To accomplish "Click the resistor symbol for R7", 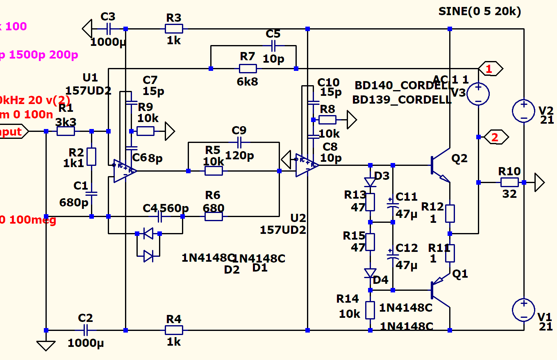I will pos(248,68).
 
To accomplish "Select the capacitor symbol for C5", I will pos(273,45).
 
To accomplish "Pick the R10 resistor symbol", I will pos(509,182).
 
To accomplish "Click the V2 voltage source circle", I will pos(524,110).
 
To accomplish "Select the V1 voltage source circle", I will pos(524,310).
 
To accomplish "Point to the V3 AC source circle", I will pos(478,93).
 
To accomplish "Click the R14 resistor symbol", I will pos(371,310).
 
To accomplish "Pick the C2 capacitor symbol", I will pos(86,330).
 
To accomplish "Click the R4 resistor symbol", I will pos(174,330).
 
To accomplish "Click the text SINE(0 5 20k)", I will pos(480,11).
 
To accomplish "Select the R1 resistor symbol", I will pos(66,131).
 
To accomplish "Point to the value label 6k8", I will pos(248,82).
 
